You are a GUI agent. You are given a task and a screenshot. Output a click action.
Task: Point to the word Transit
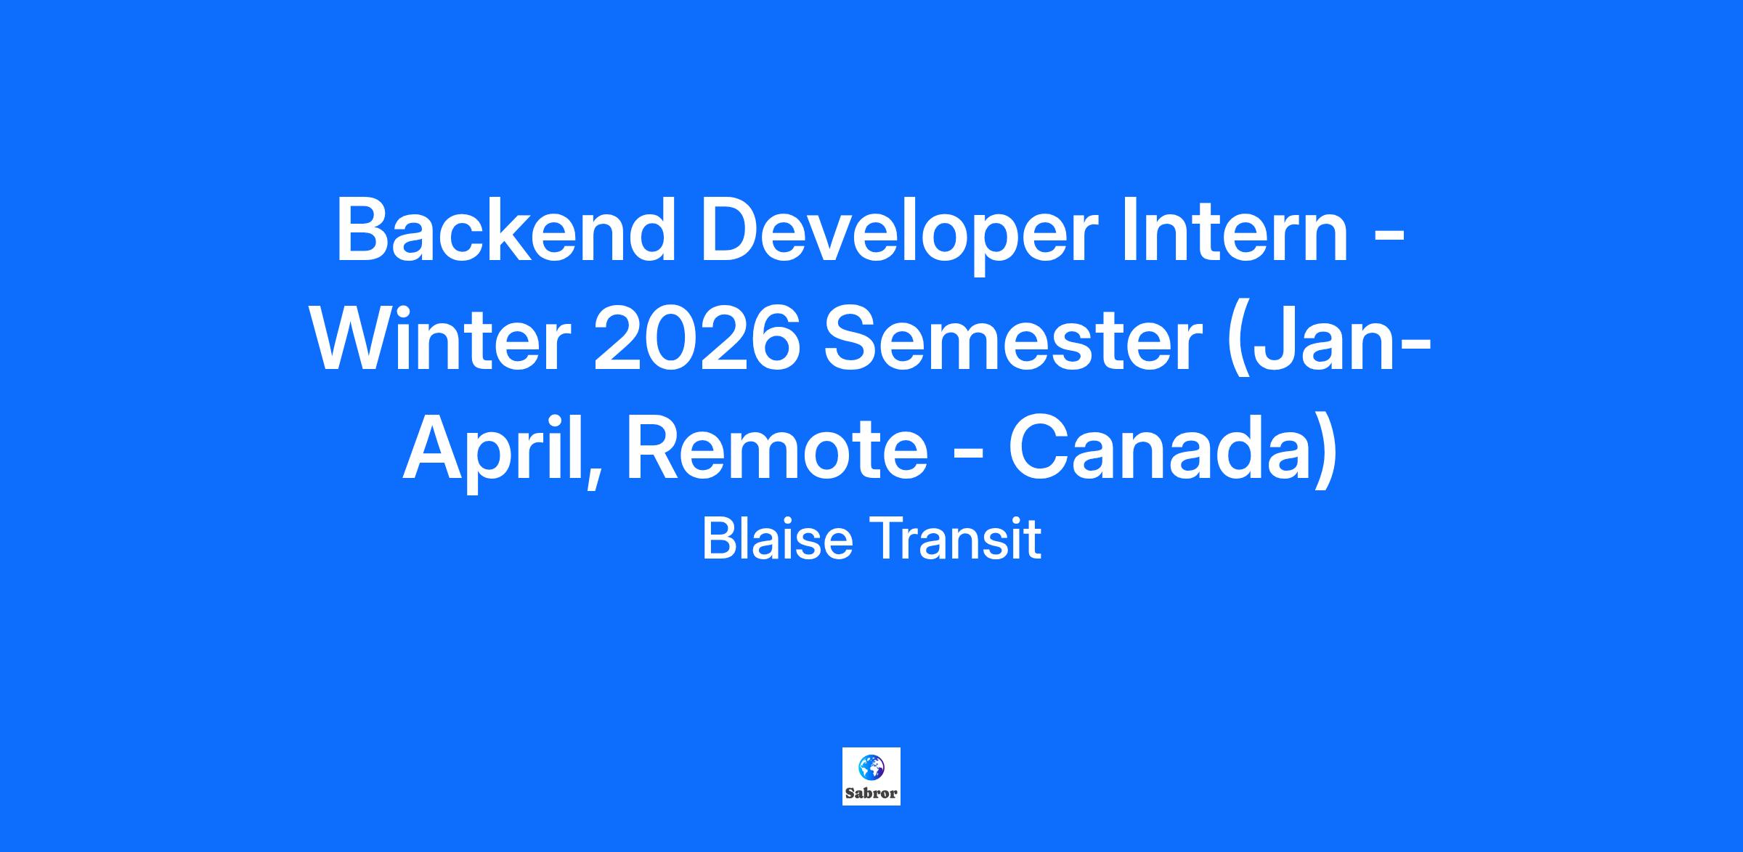(957, 539)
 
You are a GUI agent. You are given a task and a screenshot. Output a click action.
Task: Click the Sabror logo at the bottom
(871, 776)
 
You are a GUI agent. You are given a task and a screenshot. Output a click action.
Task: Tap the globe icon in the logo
(871, 767)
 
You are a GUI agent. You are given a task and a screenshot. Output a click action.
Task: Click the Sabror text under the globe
(871, 794)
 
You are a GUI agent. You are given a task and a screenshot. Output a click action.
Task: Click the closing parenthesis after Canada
(1325, 454)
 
